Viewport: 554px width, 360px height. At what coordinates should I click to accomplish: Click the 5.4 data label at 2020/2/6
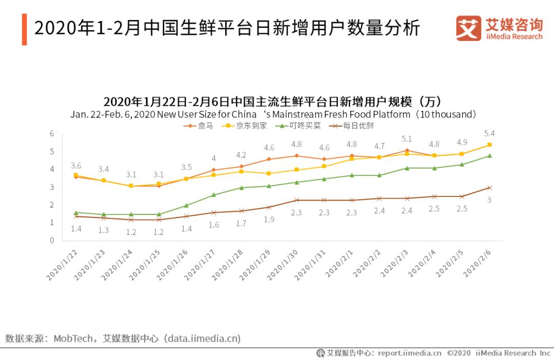tap(489, 133)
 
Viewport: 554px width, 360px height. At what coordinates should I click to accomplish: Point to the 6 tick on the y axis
tap(52, 133)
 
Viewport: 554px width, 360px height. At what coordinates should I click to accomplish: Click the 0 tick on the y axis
tap(52, 241)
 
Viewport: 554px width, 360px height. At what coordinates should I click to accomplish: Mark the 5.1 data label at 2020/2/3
tap(406, 138)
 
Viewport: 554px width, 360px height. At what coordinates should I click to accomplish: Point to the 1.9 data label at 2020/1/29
tap(268, 219)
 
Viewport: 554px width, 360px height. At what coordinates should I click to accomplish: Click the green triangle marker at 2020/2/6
tap(489, 155)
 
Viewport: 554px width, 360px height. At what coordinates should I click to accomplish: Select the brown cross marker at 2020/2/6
tap(489, 188)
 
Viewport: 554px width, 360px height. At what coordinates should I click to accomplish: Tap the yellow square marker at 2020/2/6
tap(489, 145)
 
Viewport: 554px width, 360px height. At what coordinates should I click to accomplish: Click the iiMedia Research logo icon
tap(468, 28)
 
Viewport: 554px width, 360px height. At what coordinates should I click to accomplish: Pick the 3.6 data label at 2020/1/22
tap(76, 166)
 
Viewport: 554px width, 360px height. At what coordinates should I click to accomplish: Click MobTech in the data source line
tap(73, 338)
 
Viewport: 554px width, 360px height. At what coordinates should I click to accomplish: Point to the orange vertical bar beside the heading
tap(24, 29)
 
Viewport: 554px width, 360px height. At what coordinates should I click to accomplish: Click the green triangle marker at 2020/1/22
tap(76, 212)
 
